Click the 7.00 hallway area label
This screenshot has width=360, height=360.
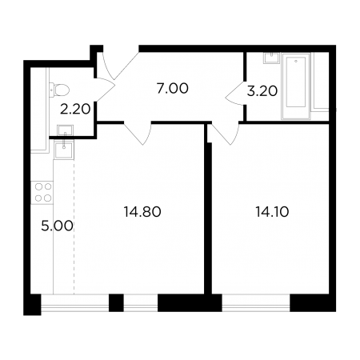[x=173, y=89]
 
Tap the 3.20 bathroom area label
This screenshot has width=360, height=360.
[x=262, y=91]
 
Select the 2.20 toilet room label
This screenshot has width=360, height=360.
[x=75, y=109]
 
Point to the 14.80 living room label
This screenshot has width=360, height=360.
[x=142, y=212]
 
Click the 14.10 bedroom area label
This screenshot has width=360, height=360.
[x=272, y=212]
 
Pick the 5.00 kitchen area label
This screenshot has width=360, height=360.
[x=57, y=226]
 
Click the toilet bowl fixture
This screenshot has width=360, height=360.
[x=59, y=90]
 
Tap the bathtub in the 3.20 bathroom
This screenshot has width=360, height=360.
[x=296, y=86]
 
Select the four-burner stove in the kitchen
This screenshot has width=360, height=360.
[x=42, y=193]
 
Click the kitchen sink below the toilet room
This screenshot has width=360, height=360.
[x=63, y=150]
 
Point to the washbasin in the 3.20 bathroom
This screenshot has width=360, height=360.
[x=271, y=58]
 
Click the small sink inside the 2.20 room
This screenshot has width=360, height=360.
[x=65, y=130]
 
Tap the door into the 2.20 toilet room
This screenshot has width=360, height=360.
[x=105, y=90]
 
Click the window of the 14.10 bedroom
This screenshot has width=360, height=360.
[x=256, y=303]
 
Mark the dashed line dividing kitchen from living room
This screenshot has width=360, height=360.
[x=74, y=226]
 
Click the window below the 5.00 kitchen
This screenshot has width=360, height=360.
[x=75, y=303]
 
